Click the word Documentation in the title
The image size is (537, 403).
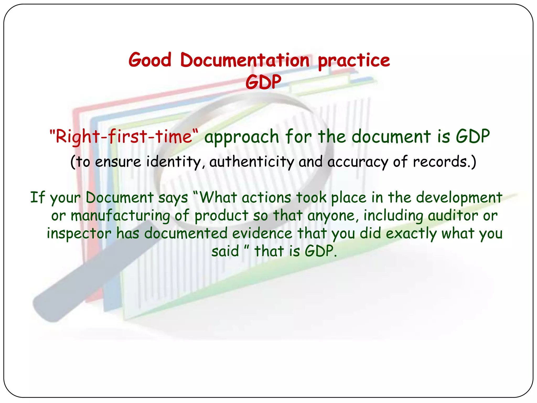(245, 60)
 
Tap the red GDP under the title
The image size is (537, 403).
(263, 82)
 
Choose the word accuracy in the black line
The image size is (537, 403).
(358, 162)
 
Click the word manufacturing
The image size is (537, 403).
(121, 216)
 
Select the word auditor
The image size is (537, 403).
(453, 216)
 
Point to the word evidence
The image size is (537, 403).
(262, 233)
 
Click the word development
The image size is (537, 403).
(459, 198)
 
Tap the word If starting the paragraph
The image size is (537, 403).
(37, 197)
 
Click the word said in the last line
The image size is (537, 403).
(225, 251)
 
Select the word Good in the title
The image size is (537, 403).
(150, 60)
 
